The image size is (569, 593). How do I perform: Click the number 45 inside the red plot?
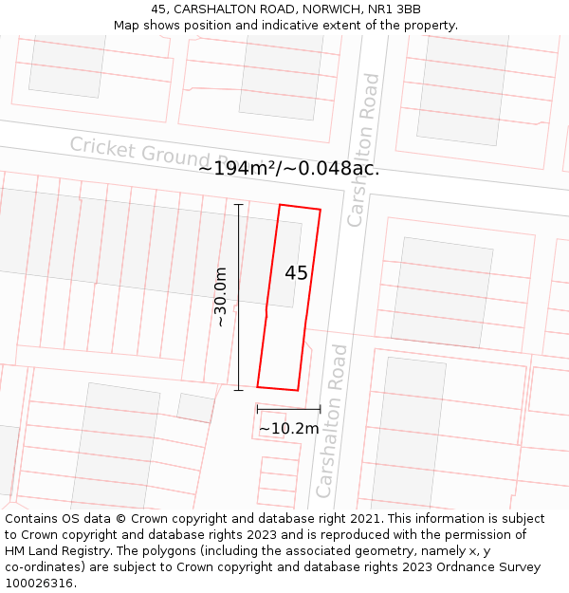tap(296, 273)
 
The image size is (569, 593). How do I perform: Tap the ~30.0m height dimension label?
tap(220, 297)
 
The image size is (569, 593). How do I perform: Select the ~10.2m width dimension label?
tap(288, 428)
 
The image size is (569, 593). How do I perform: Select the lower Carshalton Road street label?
tap(333, 420)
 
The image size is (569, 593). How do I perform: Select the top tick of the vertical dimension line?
tap(238, 204)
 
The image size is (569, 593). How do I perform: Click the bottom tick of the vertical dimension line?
tap(238, 389)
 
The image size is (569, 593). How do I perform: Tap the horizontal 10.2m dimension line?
tap(288, 409)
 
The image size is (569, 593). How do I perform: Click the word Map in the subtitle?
tap(127, 25)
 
